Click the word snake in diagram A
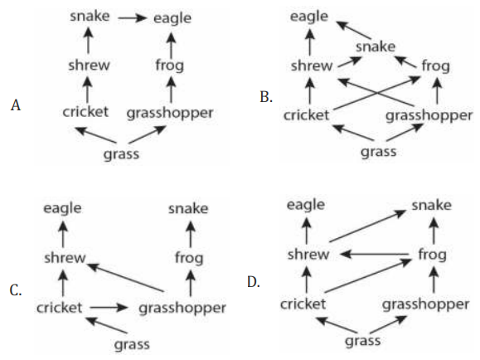(90, 16)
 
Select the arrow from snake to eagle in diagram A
(133, 18)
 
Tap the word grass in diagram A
(121, 154)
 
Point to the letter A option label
(16, 105)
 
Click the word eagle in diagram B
(309, 17)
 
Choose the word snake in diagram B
(376, 47)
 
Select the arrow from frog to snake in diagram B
(405, 61)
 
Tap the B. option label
(266, 97)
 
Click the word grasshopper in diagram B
(429, 116)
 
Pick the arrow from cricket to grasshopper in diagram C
(109, 307)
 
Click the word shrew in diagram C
(65, 258)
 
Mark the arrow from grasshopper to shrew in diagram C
(125, 277)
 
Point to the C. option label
(16, 290)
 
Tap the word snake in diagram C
(188, 209)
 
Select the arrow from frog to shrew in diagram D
(374, 255)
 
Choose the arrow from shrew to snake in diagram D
(368, 226)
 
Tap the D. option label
(254, 282)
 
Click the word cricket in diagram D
(303, 304)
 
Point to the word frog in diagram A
(170, 66)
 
